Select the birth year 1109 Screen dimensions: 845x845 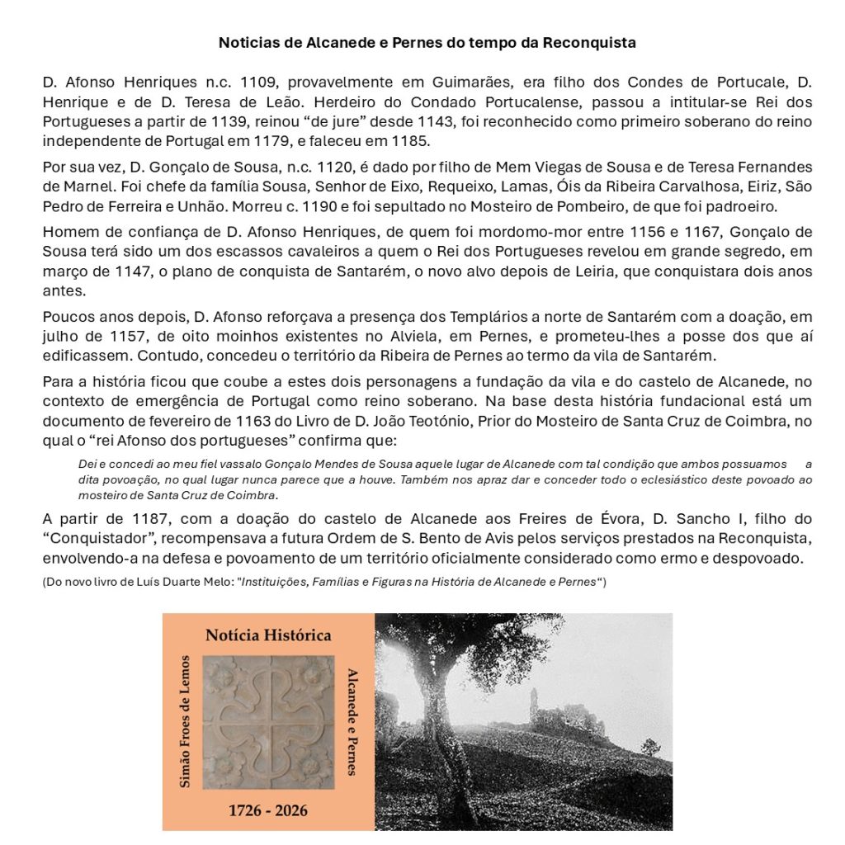(256, 83)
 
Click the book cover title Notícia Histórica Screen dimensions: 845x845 (268, 635)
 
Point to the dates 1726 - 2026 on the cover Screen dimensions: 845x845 (268, 810)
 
